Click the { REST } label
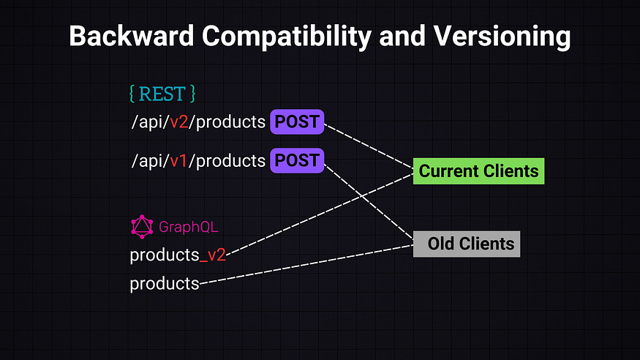click(x=162, y=94)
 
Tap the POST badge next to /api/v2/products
click(x=297, y=122)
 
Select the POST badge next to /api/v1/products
click(x=297, y=160)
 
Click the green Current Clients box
click(x=478, y=172)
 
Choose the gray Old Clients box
click(x=467, y=244)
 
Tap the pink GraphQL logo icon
click(x=141, y=227)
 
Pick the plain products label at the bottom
click(x=165, y=283)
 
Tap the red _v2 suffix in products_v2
click(x=213, y=255)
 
